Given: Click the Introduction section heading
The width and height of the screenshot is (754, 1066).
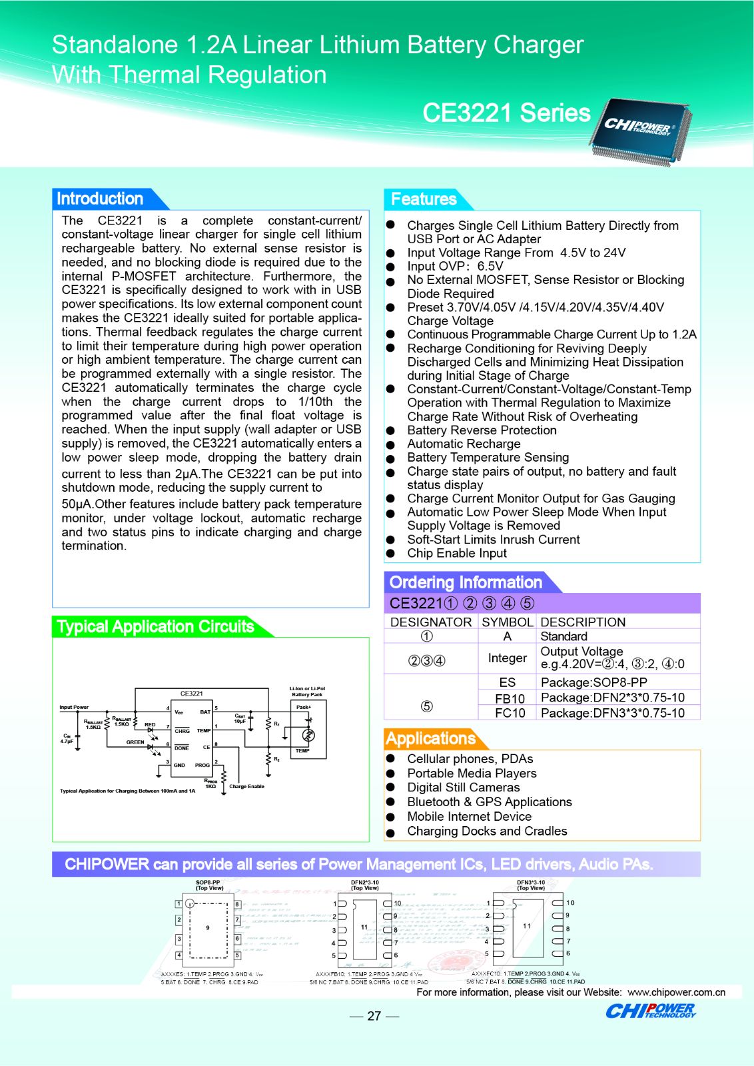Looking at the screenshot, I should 100,199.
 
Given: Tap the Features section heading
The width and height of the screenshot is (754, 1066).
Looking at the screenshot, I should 424,199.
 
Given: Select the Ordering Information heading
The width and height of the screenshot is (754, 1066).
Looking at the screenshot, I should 466,582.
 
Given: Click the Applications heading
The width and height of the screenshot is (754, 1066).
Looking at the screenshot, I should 430,738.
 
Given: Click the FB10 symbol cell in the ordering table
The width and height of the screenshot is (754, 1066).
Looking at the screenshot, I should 510,698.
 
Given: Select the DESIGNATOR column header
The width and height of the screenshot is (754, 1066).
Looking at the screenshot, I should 431,622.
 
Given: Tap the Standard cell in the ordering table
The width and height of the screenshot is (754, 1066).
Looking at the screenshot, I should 564,636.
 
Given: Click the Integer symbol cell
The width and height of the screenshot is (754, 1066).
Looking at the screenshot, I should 507,658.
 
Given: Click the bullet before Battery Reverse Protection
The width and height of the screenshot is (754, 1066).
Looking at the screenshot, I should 391,431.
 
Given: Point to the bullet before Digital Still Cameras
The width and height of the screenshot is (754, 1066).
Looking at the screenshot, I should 391,788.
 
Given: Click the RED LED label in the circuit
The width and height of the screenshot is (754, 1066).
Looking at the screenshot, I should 150,724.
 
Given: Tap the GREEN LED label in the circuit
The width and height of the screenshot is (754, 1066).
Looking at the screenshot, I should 135,742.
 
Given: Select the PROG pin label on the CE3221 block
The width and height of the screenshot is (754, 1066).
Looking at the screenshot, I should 202,765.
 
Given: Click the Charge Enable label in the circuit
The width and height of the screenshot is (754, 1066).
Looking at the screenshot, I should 246,786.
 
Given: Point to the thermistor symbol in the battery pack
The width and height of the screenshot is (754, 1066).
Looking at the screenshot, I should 308,735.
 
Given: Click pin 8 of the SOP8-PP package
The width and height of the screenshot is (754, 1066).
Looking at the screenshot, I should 237,904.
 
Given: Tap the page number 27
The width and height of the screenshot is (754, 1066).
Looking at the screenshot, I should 374,1016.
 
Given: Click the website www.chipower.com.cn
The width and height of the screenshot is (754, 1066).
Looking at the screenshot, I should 676,992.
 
